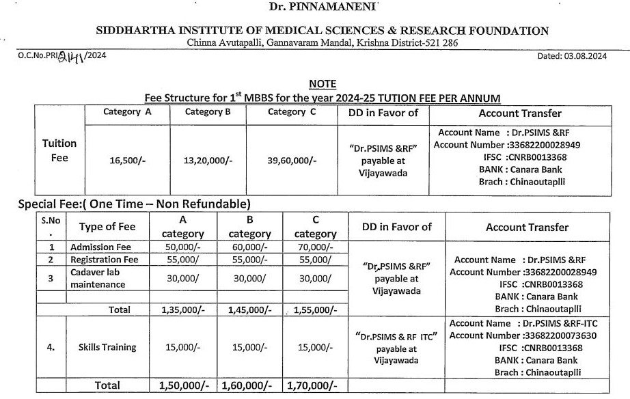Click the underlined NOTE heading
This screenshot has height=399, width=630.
[x=323, y=84]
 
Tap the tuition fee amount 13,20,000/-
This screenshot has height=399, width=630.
[x=208, y=161]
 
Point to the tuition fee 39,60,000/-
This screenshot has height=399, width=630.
[x=292, y=161]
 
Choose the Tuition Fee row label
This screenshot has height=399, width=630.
[x=59, y=150]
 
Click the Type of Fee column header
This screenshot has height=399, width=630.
[x=107, y=227]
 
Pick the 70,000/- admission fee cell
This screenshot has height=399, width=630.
[x=315, y=247]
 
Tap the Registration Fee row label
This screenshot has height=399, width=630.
[x=105, y=260]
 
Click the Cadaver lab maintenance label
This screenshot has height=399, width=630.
[x=98, y=278]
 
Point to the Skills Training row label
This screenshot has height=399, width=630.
[x=107, y=347]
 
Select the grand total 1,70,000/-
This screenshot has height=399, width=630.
[x=312, y=385]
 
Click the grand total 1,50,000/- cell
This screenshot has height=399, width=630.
[x=183, y=385]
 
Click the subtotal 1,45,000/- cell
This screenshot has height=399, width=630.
[x=249, y=310]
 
